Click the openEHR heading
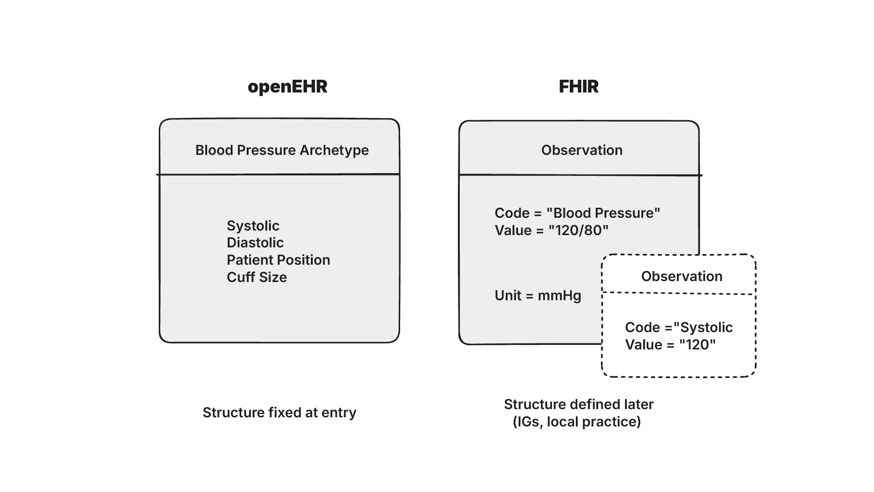click(x=287, y=87)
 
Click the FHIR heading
click(x=579, y=87)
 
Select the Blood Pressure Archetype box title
click(x=282, y=150)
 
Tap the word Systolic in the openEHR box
click(x=253, y=226)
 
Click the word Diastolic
click(x=255, y=243)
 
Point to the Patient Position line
click(x=278, y=260)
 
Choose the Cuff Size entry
click(x=257, y=277)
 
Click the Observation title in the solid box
click(x=582, y=150)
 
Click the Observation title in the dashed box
click(x=681, y=277)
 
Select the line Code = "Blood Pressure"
click(x=577, y=213)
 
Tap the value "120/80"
click(x=578, y=231)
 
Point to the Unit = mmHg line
click(x=538, y=296)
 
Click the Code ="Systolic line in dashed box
click(x=678, y=328)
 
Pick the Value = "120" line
click(x=670, y=345)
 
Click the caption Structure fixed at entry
click(x=279, y=413)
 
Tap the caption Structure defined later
click(x=579, y=405)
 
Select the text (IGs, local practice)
click(x=577, y=422)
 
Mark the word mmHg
click(x=559, y=296)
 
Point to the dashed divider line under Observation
click(x=678, y=293)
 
